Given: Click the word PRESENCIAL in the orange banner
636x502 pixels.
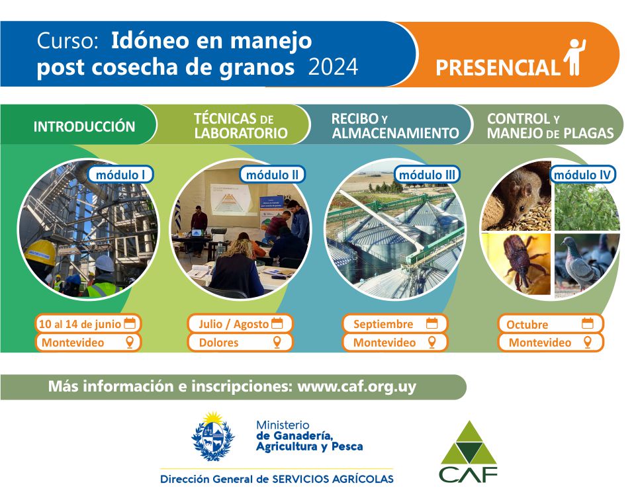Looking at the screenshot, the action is [497, 67].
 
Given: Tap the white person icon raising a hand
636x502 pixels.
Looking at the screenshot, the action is [574, 57].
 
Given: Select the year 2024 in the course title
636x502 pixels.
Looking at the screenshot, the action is [333, 67].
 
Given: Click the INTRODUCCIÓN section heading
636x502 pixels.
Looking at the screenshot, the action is [84, 126].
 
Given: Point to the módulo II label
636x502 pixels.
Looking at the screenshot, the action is [272, 175].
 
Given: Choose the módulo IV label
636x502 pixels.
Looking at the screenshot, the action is [582, 175].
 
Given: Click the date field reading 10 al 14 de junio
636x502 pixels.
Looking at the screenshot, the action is [87, 324].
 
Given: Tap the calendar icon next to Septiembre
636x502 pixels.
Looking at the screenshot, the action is [432, 323].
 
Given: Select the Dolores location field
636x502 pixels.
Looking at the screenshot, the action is [240, 343].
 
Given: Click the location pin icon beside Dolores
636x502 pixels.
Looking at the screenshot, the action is [277, 342].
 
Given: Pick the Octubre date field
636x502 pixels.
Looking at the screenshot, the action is [551, 324].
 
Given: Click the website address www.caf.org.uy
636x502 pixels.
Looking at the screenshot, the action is [357, 386].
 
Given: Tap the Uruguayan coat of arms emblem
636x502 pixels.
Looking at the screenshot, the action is [213, 437].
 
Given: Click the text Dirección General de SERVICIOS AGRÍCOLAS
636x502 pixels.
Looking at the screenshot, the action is [277, 480].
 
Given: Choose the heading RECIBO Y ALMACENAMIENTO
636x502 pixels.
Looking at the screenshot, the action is [395, 126].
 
